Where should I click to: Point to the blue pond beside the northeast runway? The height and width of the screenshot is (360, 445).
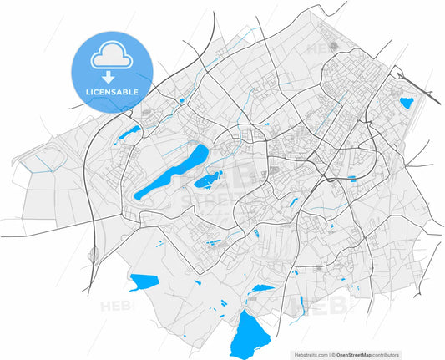[x=407, y=104]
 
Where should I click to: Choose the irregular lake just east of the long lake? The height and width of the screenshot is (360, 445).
[x=209, y=179]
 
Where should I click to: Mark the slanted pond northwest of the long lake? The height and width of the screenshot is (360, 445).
[x=129, y=133]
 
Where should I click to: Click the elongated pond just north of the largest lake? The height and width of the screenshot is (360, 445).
[x=263, y=288]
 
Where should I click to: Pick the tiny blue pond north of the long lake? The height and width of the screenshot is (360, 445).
[x=180, y=101]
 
